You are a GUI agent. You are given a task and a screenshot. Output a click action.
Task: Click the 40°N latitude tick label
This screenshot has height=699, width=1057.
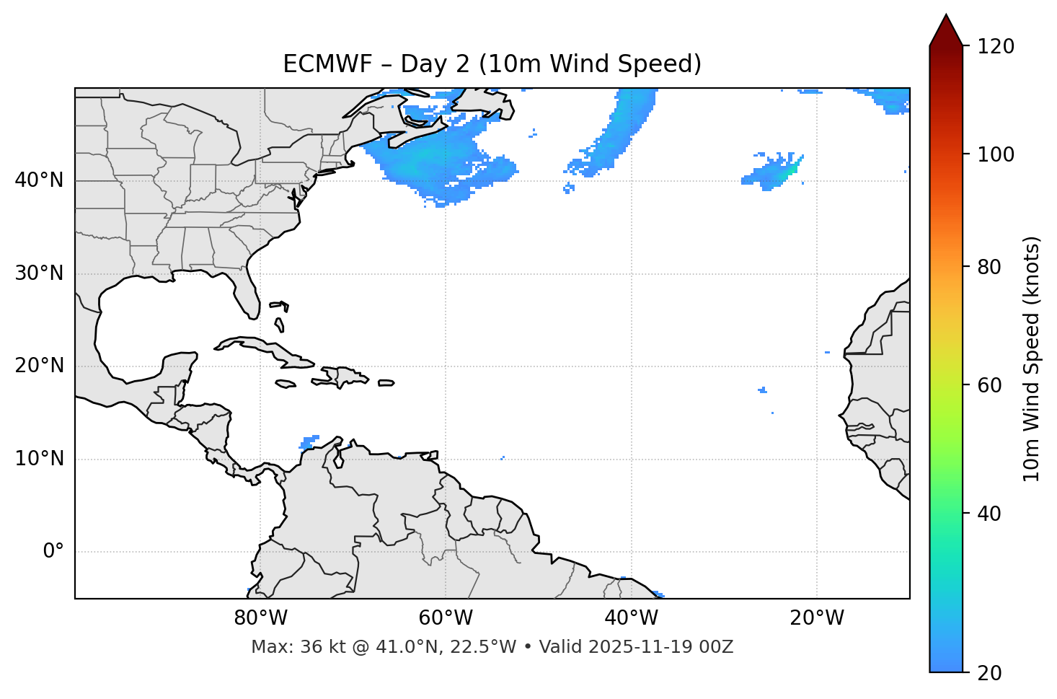[39, 180]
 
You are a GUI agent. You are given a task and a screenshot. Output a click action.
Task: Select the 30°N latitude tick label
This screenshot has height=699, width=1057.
[39, 273]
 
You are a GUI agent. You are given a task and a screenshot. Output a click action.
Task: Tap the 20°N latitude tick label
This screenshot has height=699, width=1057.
[39, 366]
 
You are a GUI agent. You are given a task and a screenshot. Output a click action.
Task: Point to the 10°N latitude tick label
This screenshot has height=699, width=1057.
[39, 459]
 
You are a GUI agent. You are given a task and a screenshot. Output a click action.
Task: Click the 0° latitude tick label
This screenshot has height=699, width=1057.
[53, 552]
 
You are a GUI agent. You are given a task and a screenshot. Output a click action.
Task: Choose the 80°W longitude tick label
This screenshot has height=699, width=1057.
[260, 618]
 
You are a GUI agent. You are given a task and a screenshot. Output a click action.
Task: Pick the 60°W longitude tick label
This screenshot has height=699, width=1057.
[446, 618]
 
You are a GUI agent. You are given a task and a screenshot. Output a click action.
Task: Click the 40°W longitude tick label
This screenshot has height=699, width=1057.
[631, 618]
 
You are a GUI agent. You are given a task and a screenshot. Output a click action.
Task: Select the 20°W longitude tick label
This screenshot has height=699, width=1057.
[817, 618]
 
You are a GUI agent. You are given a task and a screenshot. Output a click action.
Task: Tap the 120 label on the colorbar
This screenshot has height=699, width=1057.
[995, 47]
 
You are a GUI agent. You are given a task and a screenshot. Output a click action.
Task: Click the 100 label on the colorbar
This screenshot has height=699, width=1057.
[995, 154]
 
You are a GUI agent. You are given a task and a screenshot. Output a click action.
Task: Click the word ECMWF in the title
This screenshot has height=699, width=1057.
[327, 64]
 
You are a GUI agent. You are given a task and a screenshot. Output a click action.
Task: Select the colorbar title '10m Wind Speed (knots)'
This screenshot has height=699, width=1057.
[1032, 359]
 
